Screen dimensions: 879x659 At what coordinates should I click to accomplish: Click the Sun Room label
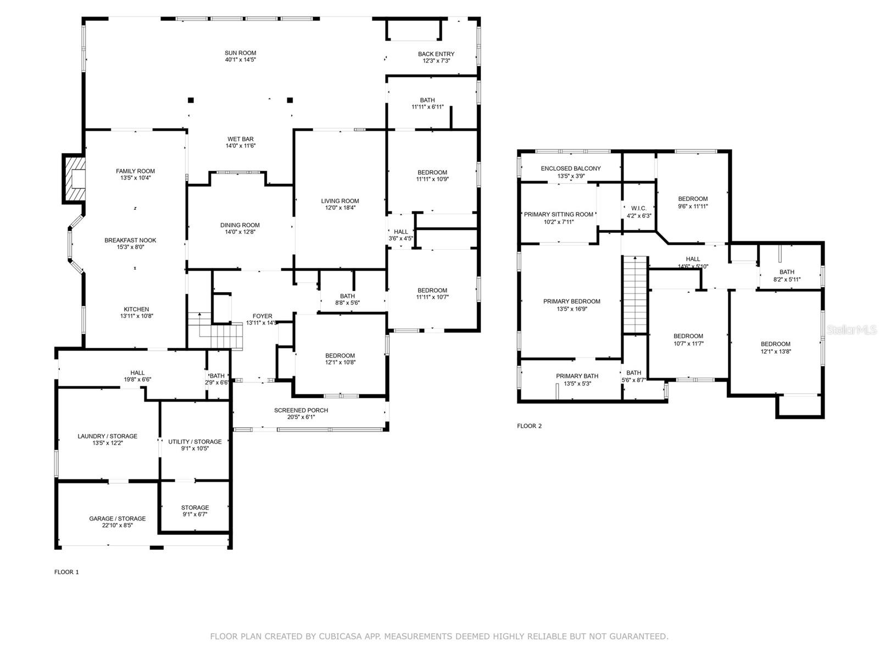(240, 53)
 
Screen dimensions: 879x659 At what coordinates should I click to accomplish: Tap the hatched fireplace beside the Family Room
(75, 178)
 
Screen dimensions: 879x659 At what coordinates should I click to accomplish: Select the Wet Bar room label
(240, 139)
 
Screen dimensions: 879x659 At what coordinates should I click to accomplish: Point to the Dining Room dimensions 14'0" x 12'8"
(240, 232)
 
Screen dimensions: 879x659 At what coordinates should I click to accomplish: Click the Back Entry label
(436, 54)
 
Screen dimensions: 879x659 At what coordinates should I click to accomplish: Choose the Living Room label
(340, 201)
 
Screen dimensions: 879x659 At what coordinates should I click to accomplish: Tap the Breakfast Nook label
(130, 241)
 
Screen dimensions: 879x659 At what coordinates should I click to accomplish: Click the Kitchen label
(136, 309)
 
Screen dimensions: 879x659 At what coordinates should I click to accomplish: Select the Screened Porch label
(301, 411)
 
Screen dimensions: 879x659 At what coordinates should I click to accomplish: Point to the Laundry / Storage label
(107, 437)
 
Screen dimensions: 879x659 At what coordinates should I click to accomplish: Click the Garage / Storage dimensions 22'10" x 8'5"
(118, 526)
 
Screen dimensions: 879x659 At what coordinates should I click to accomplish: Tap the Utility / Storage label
(194, 442)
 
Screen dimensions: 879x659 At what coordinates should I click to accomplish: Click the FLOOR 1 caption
(66, 572)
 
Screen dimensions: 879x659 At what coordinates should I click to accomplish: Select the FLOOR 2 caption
(529, 426)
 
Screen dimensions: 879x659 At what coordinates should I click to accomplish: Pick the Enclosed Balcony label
(571, 169)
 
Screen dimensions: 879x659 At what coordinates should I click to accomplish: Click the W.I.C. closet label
(639, 209)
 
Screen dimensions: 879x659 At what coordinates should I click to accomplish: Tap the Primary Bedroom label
(571, 301)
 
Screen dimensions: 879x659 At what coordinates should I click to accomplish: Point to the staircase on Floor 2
(635, 294)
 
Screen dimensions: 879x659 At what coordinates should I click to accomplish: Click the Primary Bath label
(577, 376)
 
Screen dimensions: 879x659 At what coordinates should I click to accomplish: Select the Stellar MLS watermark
(852, 329)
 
